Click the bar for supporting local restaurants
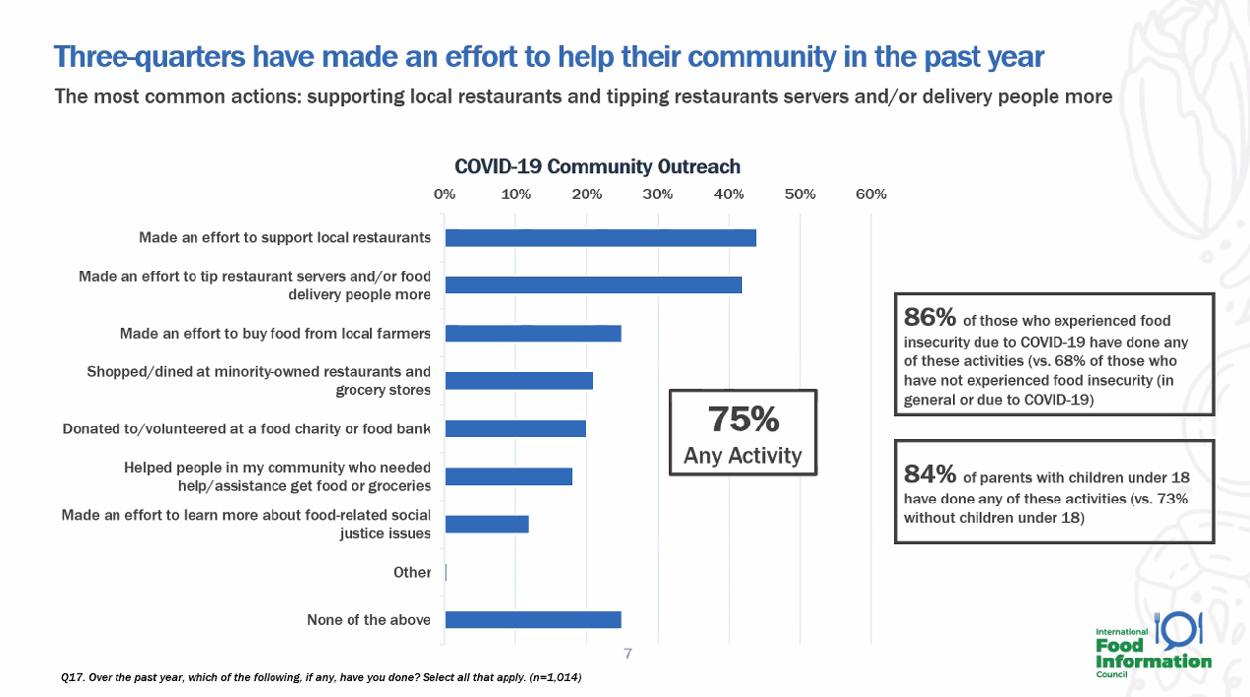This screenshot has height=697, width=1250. (600, 238)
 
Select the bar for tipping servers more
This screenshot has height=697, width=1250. (593, 285)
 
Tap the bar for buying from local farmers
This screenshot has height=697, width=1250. (533, 334)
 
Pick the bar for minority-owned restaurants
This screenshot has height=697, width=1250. (519, 381)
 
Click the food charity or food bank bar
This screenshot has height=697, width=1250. (515, 428)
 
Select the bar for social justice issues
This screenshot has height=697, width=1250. (487, 524)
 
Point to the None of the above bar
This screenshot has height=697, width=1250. (533, 620)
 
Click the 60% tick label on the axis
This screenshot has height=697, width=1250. (871, 194)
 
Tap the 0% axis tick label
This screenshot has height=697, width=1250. (445, 194)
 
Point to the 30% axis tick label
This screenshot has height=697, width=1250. (658, 194)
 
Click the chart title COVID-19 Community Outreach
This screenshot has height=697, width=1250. (596, 166)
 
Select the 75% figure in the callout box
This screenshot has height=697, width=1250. (743, 421)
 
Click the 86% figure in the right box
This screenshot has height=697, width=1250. (929, 318)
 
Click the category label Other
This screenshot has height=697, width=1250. (412, 573)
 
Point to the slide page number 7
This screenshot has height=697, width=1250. (627, 653)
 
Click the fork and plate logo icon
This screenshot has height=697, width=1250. (1178, 628)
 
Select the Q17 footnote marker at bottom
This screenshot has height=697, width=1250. (71, 678)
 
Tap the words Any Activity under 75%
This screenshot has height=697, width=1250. (742, 456)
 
